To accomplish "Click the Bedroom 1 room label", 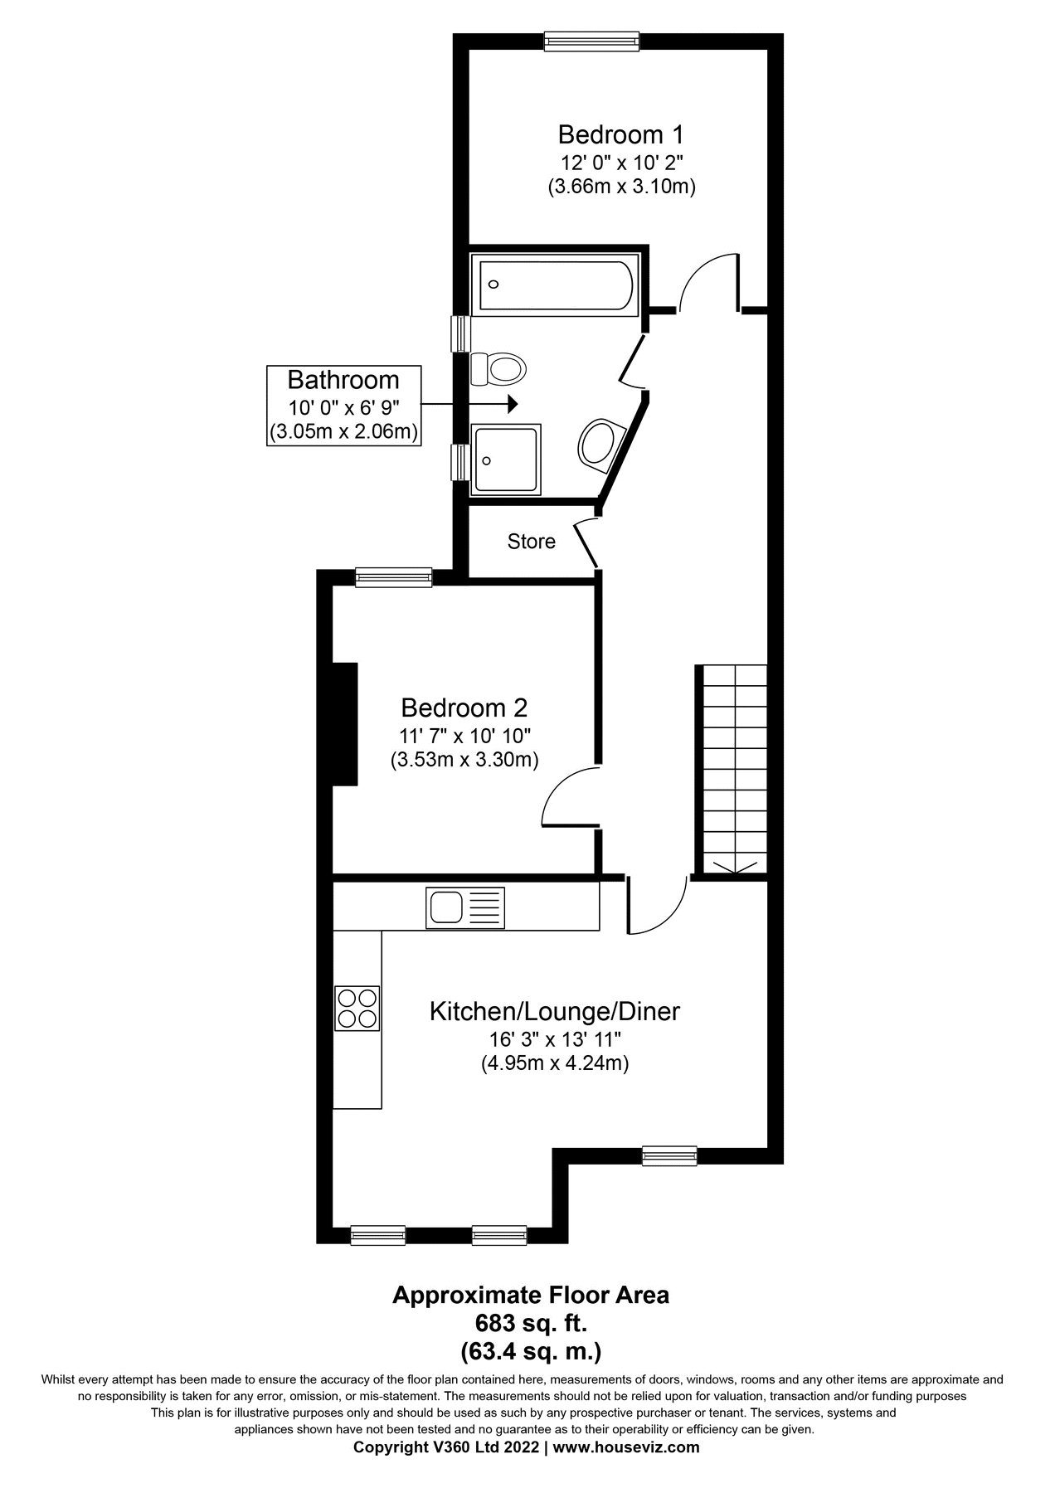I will (620, 134).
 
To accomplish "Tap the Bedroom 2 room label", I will (464, 708).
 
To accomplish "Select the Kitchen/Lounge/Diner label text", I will (554, 1011).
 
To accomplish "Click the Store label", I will (531, 542).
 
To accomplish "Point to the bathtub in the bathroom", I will (552, 285).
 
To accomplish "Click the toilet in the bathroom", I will (499, 367).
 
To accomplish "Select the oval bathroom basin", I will (599, 444).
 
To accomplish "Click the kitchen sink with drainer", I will (464, 907).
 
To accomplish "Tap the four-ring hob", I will (357, 1008).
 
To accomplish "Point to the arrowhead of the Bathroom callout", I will (513, 404).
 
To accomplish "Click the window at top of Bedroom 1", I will (591, 41).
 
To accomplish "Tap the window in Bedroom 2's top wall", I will (393, 577).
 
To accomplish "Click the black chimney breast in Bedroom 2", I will (345, 723).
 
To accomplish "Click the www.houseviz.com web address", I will (626, 1447).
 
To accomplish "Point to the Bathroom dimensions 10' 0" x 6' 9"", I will (343, 408).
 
